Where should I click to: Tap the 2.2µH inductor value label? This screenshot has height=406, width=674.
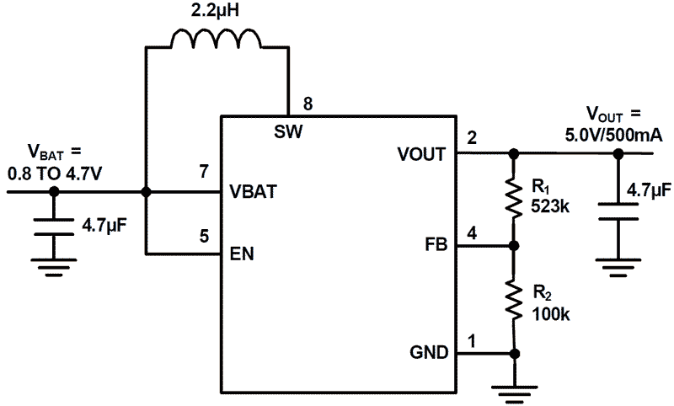tap(217, 12)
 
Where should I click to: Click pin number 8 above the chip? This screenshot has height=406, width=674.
tap(308, 104)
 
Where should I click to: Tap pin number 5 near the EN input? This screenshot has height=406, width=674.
tap(203, 236)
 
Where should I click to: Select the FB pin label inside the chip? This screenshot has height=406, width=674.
tap(436, 246)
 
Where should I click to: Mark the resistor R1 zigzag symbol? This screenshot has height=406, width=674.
tap(514, 200)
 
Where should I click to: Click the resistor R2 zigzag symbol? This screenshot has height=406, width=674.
tap(514, 299)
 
